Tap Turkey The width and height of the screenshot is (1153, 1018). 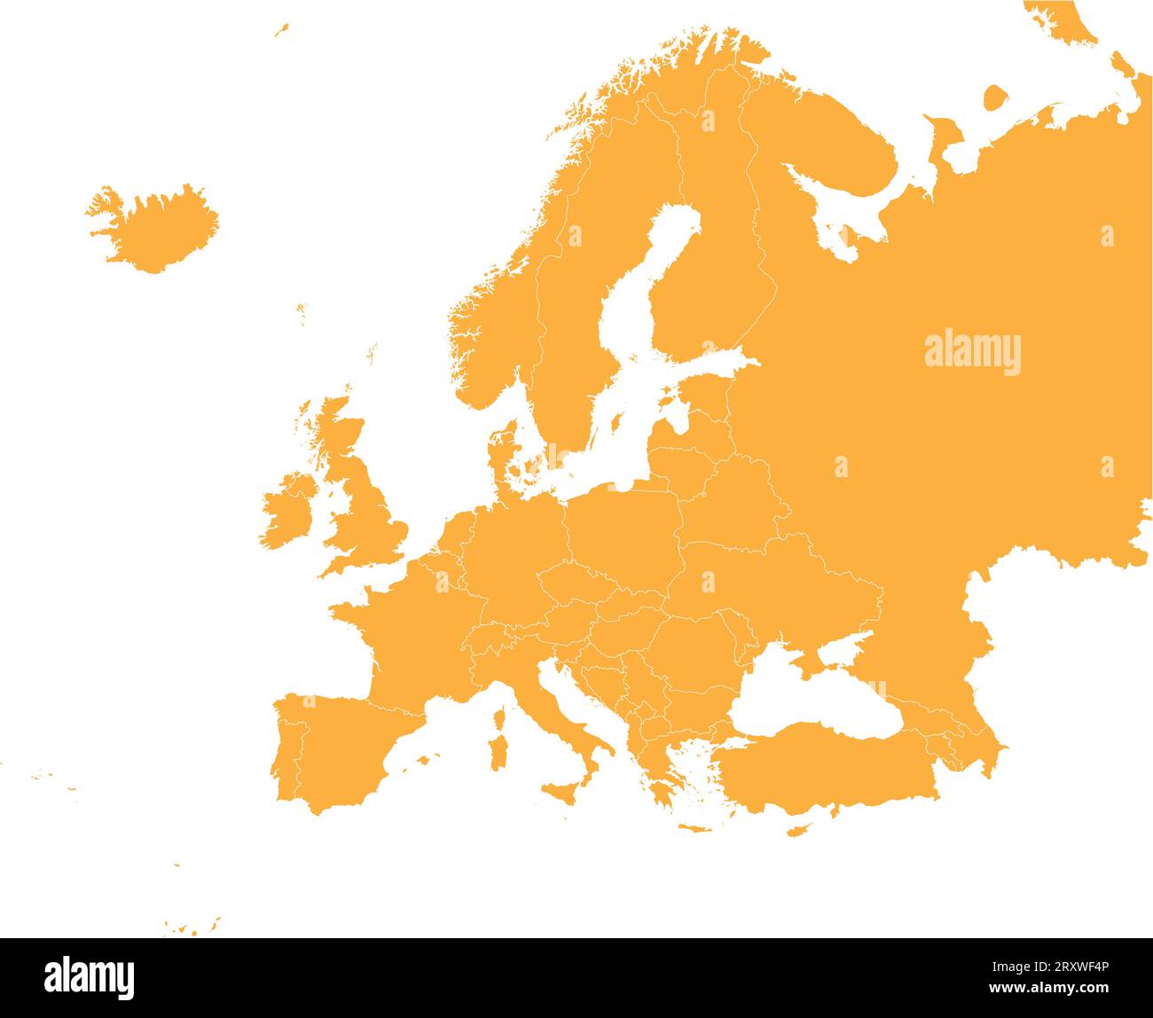click(825, 771)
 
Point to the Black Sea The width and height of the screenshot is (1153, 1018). click(816, 701)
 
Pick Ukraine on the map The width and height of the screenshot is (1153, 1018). click(772, 585)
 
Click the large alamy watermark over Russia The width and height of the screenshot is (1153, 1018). click(972, 353)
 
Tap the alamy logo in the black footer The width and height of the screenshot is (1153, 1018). click(90, 977)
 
